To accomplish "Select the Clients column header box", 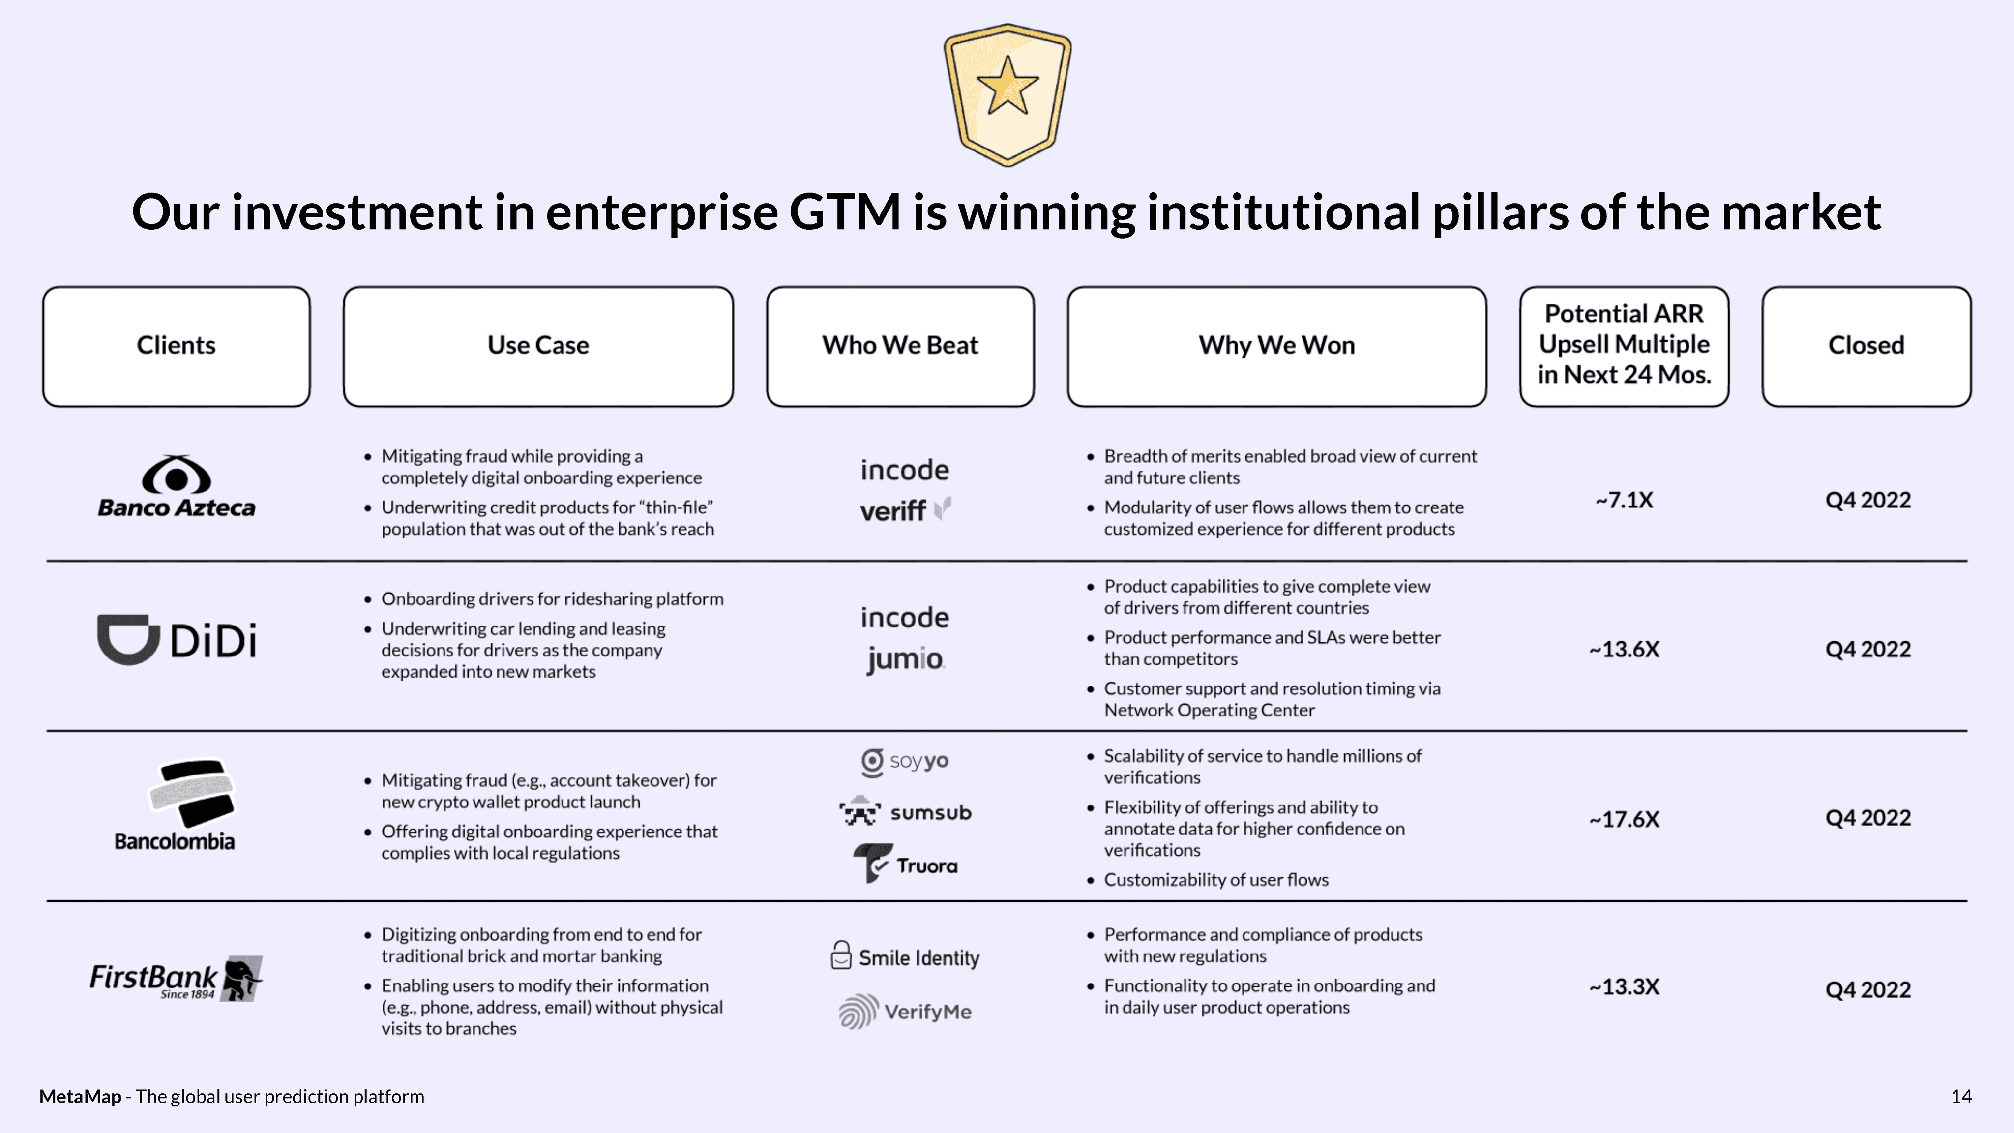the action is pyautogui.click(x=176, y=346).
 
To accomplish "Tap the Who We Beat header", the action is pyautogui.click(x=900, y=346).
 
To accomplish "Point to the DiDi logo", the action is pyautogui.click(x=177, y=640).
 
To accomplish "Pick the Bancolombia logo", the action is pyautogui.click(x=175, y=805).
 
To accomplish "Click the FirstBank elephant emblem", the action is pyautogui.click(x=241, y=978).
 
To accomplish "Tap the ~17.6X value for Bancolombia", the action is pyautogui.click(x=1624, y=819).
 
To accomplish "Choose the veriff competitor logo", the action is pyautogui.click(x=905, y=510).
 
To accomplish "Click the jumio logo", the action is pyautogui.click(x=905, y=659).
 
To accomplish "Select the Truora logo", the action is pyautogui.click(x=905, y=864).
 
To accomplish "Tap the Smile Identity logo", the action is pyautogui.click(x=905, y=957).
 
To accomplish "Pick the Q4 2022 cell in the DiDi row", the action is pyautogui.click(x=1867, y=649).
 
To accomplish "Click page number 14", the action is pyautogui.click(x=1961, y=1096).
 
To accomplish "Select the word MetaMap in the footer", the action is pyautogui.click(x=80, y=1096).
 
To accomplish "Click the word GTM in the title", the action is pyautogui.click(x=844, y=212).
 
